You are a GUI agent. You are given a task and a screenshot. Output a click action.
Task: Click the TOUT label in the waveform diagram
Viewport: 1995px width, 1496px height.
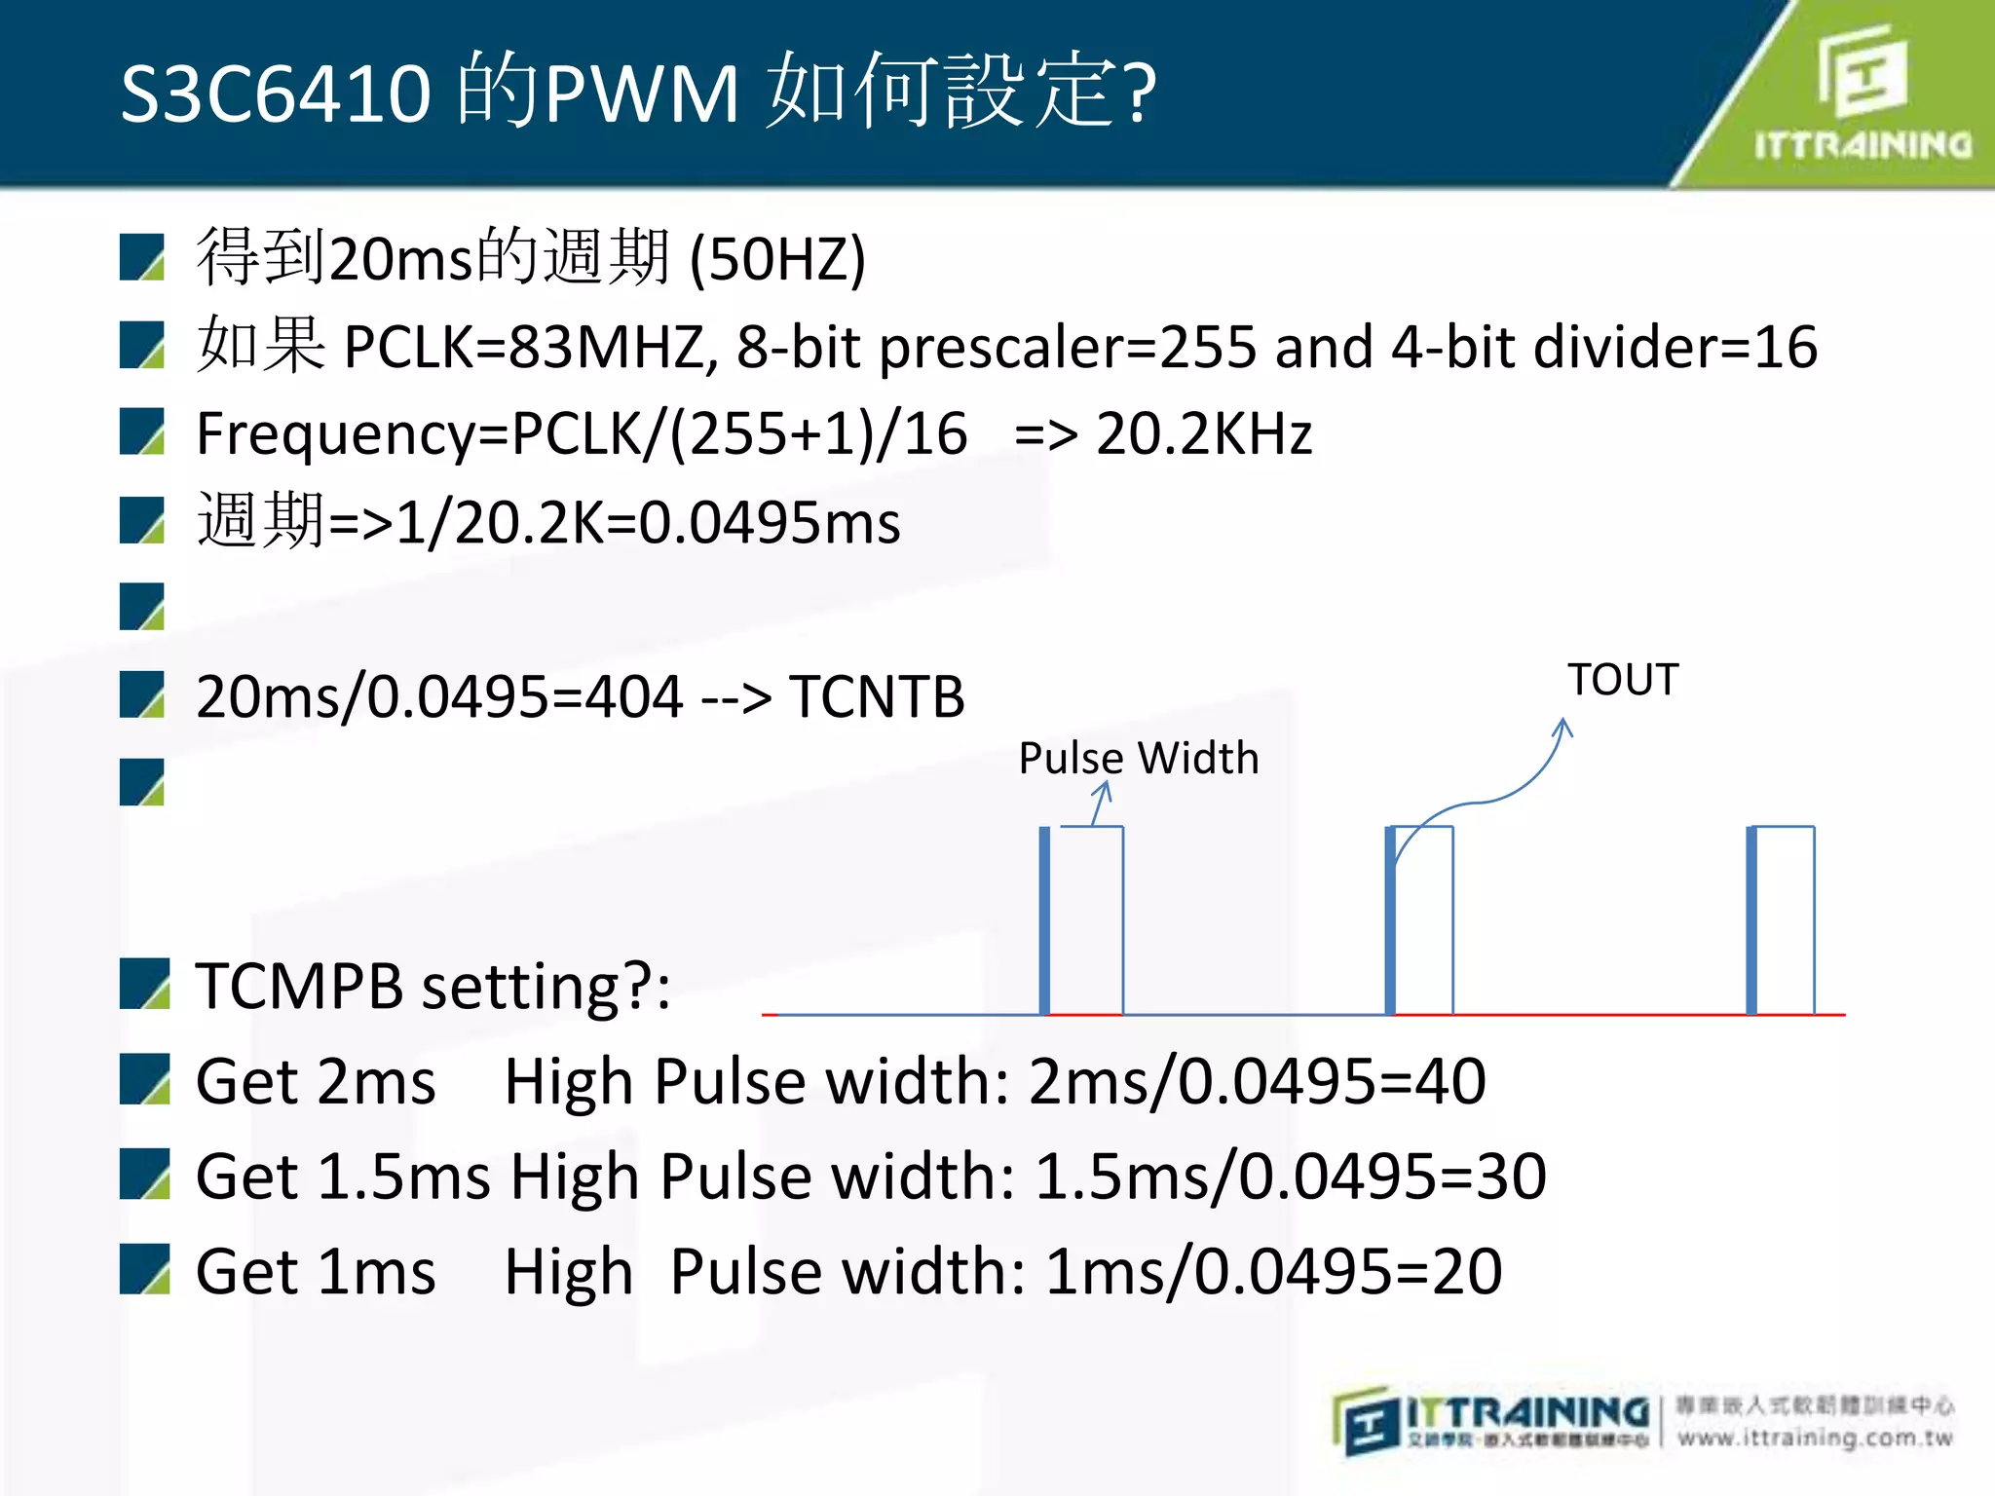(x=1623, y=680)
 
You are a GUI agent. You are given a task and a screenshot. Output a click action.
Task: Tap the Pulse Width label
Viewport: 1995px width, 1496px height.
(x=1139, y=758)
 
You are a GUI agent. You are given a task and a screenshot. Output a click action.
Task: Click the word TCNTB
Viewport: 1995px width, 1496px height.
(x=877, y=697)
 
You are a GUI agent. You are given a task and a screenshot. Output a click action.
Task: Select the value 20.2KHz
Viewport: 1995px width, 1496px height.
(x=1204, y=433)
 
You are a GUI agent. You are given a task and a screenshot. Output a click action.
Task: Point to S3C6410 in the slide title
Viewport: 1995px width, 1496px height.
(x=276, y=93)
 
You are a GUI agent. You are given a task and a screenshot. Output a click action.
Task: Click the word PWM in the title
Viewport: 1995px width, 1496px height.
(x=642, y=93)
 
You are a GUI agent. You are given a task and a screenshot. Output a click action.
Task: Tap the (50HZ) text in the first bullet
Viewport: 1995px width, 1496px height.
(x=777, y=259)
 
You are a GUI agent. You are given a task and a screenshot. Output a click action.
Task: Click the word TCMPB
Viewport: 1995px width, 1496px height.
(x=299, y=986)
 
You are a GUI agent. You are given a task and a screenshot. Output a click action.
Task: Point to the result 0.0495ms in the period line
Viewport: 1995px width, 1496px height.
(x=770, y=523)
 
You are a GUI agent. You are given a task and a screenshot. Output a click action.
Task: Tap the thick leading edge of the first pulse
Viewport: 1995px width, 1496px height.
(x=1044, y=920)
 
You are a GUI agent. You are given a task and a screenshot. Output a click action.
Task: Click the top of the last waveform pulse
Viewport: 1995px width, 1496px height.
(x=1783, y=827)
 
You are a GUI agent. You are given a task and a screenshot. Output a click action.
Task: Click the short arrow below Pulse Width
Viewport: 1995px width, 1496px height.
(x=1101, y=804)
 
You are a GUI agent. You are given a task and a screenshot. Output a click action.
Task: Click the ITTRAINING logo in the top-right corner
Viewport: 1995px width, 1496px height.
(x=1863, y=93)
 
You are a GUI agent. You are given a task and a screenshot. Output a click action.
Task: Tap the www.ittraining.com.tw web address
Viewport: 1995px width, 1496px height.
(x=1815, y=1439)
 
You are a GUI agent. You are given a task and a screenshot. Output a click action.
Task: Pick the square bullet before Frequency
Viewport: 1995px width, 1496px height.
(x=142, y=432)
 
